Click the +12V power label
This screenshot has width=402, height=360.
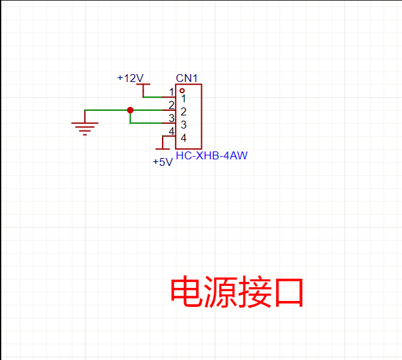[x=130, y=78]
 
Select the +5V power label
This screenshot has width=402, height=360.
[x=162, y=162]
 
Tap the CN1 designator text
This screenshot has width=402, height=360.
[x=187, y=79]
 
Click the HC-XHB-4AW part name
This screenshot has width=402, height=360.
[x=212, y=156]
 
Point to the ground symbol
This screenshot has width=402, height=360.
[x=84, y=127]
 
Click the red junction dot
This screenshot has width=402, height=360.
[x=130, y=110]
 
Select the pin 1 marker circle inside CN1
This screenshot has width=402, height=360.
[x=182, y=90]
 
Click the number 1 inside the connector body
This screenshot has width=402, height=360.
[x=184, y=99]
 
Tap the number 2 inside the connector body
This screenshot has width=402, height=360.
[x=184, y=112]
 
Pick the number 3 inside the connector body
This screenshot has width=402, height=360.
[x=184, y=125]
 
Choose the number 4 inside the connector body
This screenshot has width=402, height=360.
[x=184, y=138]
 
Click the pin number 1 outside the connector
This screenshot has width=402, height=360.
[x=172, y=92]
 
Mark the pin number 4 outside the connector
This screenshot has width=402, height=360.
[x=171, y=131]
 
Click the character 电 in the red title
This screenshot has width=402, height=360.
[x=187, y=292]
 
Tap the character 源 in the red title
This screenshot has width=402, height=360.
[x=220, y=292]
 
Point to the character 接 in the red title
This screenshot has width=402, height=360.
[x=254, y=292]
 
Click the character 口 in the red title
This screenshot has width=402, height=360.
[x=287, y=292]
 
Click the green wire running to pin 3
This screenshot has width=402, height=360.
[x=148, y=123]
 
